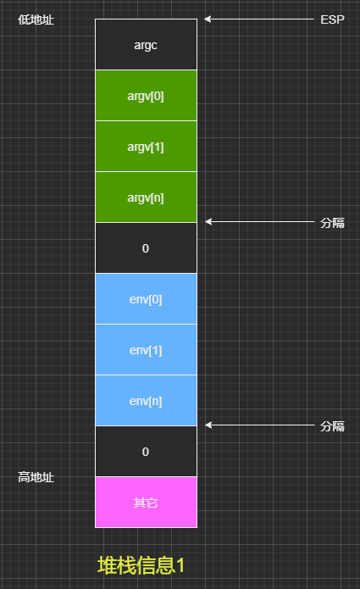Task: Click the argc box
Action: (146, 44)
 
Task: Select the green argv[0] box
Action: (146, 96)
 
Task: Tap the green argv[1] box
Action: (146, 146)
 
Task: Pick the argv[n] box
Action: (146, 197)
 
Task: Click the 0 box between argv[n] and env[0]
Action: (146, 248)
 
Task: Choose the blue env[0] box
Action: (146, 298)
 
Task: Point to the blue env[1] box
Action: (146, 350)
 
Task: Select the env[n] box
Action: (146, 400)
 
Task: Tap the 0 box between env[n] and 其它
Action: (146, 451)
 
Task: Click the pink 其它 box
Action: (146, 503)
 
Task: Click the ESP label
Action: (332, 19)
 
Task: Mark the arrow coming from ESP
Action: (259, 19)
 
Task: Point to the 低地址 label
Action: (36, 19)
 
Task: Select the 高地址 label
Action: (36, 477)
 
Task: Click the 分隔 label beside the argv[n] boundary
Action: (332, 223)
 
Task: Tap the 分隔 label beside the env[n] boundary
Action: (332, 426)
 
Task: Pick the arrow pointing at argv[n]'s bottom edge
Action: (260, 222)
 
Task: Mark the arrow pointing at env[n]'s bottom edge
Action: (260, 425)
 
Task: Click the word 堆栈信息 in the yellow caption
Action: (136, 565)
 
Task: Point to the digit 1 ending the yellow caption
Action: (180, 565)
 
